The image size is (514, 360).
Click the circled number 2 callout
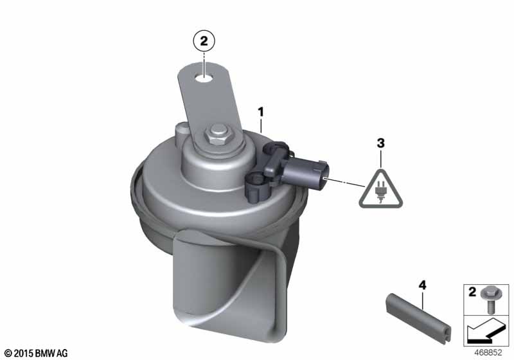coord(204,42)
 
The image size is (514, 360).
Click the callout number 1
coord(261,113)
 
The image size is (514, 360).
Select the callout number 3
coord(380,143)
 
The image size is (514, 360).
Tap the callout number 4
coord(423,285)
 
